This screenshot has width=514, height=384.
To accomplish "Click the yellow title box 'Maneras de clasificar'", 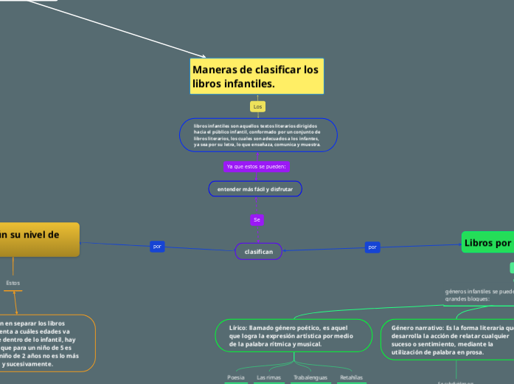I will click(x=257, y=76).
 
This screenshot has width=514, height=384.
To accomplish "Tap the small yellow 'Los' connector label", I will click(x=258, y=107).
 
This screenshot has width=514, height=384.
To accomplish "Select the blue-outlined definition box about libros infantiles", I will click(x=257, y=135).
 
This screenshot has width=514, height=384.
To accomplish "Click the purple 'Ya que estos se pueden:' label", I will click(x=257, y=166).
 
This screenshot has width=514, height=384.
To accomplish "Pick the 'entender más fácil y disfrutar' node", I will click(x=254, y=190).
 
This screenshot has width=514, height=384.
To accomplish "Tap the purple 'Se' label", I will click(x=257, y=219).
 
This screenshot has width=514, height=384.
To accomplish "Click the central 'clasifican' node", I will click(x=258, y=252).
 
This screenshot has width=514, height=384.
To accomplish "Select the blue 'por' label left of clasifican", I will click(x=157, y=246).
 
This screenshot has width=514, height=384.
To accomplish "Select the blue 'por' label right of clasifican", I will click(x=372, y=246).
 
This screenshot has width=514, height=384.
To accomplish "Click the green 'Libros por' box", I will click(x=487, y=242).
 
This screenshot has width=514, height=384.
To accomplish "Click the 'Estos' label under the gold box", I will click(x=13, y=283).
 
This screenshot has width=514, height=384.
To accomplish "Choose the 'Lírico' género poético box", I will click(x=293, y=335).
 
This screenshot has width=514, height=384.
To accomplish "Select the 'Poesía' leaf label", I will click(x=236, y=377).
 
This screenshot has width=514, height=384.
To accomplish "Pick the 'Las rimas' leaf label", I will click(x=268, y=377).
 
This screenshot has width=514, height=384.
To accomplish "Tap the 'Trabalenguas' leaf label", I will click(x=310, y=377).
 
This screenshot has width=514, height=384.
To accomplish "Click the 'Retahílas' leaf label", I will click(x=351, y=377).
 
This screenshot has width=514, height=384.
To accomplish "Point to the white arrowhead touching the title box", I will click(x=204, y=56).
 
